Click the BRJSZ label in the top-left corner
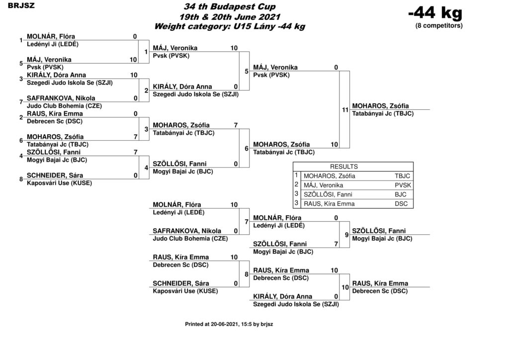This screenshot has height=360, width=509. click(x=21, y=6)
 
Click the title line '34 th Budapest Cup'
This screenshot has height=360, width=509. click(x=230, y=6)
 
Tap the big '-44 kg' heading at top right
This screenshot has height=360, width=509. click(x=435, y=13)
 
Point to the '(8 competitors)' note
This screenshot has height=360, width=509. click(x=439, y=26)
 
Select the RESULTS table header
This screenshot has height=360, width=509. click(x=344, y=167)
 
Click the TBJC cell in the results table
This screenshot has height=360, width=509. click(x=402, y=176)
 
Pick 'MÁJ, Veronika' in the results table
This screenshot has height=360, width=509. click(x=323, y=185)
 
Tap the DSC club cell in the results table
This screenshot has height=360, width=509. click(x=401, y=204)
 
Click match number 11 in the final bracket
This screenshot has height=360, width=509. click(x=345, y=110)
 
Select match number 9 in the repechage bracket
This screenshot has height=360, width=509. click(x=346, y=235)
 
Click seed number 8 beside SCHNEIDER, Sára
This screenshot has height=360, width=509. click(x=21, y=179)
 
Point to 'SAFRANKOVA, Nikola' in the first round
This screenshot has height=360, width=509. click(x=61, y=98)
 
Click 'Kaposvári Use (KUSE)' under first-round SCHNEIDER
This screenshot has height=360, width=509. click(x=60, y=183)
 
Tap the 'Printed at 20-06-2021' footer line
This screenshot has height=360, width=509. click(x=229, y=324)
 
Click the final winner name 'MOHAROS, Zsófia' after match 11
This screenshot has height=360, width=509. click(x=380, y=106)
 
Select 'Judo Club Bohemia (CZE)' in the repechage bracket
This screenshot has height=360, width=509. click(x=190, y=239)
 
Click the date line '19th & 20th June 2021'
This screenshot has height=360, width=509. click(x=230, y=17)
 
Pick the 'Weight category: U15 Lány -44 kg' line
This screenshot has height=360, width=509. click(x=230, y=27)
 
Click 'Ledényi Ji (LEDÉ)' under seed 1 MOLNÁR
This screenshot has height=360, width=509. click(x=53, y=44)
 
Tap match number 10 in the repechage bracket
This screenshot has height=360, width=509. click(x=345, y=287)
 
